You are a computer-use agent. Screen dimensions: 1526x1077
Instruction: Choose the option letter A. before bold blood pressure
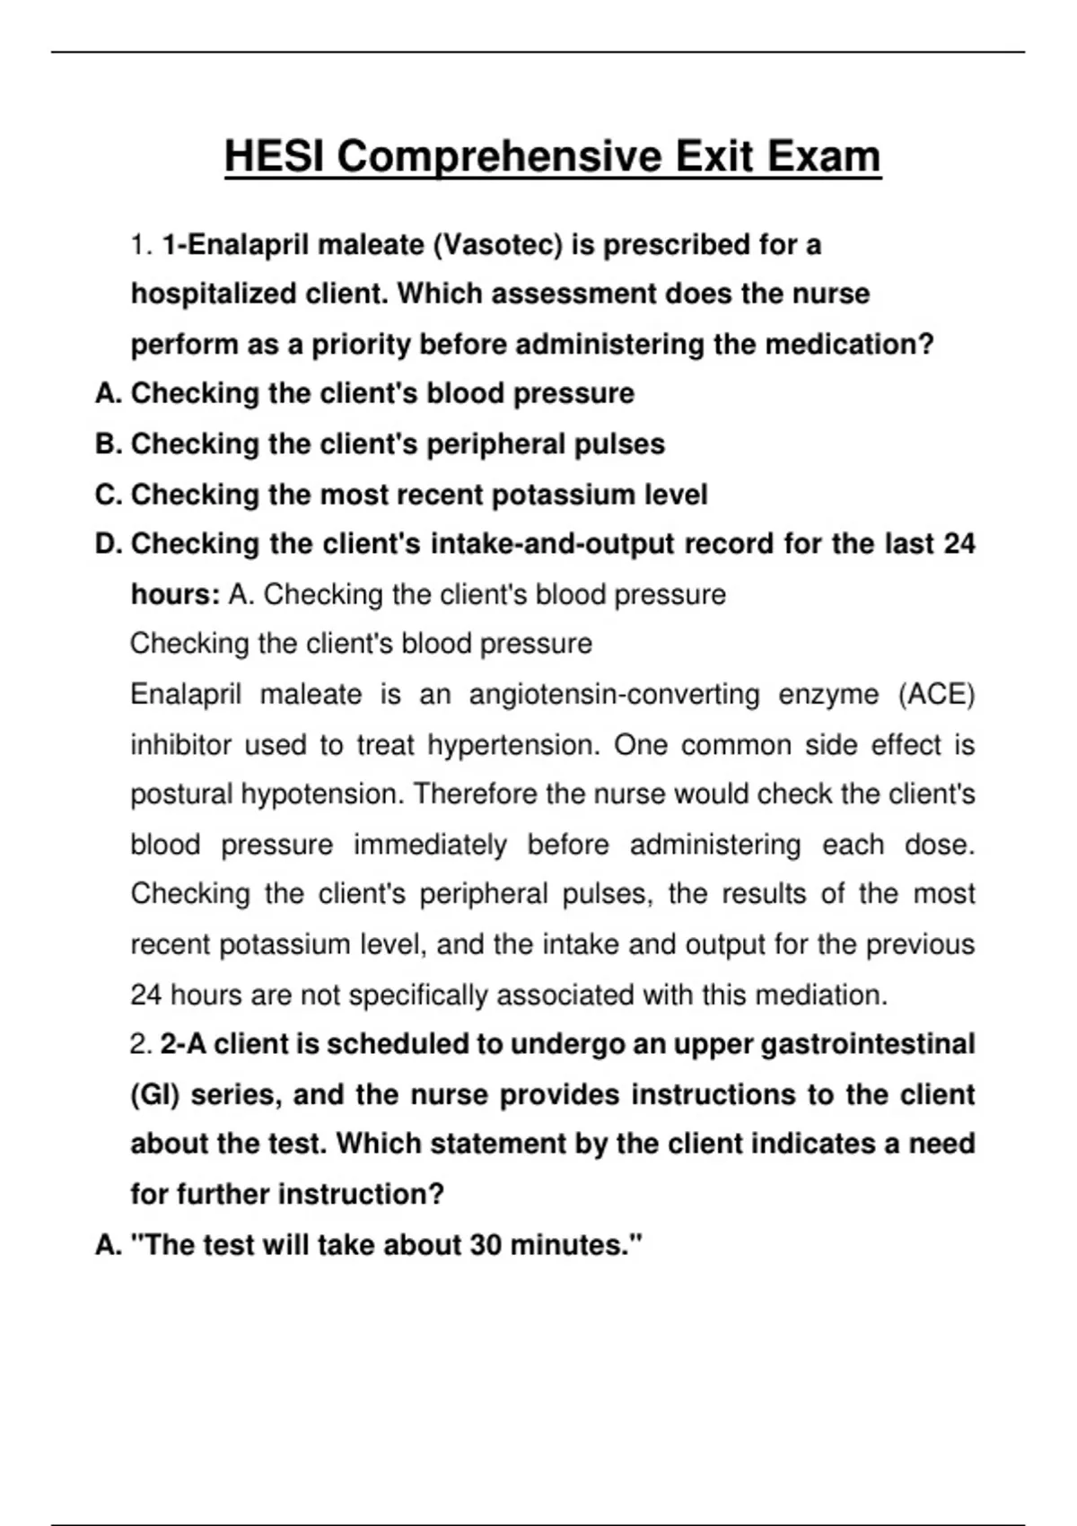pos(109,394)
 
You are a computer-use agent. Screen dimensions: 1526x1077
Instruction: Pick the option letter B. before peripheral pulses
pos(109,444)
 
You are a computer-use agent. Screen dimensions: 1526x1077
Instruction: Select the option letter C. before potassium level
pos(109,495)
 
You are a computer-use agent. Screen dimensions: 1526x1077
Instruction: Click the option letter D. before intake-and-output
pos(109,544)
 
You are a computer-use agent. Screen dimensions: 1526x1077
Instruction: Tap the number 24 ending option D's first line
pos(959,544)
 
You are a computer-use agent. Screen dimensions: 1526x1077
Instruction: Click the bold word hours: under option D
pos(175,594)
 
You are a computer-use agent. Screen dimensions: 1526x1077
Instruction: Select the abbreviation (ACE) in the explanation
pos(936,695)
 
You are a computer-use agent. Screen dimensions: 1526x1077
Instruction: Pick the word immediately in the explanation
pos(430,845)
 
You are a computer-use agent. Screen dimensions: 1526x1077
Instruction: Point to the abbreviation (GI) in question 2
pos(155,1095)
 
